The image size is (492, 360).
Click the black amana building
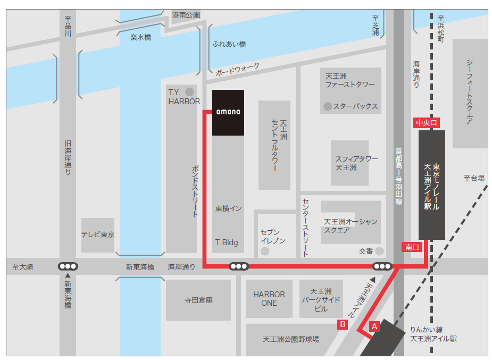pyautogui.click(x=228, y=112)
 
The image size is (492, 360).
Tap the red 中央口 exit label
pyautogui.click(x=427, y=123)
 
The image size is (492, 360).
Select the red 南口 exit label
pyautogui.click(x=412, y=247)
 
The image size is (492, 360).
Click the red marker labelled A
pyautogui.click(x=374, y=326)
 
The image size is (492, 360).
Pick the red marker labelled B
pyautogui.click(x=343, y=324)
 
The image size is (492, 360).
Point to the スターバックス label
pyautogui.click(x=355, y=106)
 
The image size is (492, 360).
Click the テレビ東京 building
pyautogui.click(x=98, y=235)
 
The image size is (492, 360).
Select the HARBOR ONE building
pyautogui.click(x=269, y=298)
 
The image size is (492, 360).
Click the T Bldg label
pyautogui.click(x=226, y=242)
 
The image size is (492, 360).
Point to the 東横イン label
pyautogui.click(x=228, y=208)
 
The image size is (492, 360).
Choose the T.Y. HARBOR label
pyautogui.click(x=184, y=97)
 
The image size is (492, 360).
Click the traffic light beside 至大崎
pyautogui.click(x=68, y=266)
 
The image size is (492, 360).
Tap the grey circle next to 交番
pyautogui.click(x=379, y=250)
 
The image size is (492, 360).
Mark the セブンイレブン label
pyautogui.click(x=273, y=237)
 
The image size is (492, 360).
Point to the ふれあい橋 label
pyautogui.click(x=229, y=45)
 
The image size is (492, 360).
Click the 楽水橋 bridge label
pyautogui.click(x=141, y=38)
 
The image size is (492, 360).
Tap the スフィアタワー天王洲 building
pyautogui.click(x=349, y=163)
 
